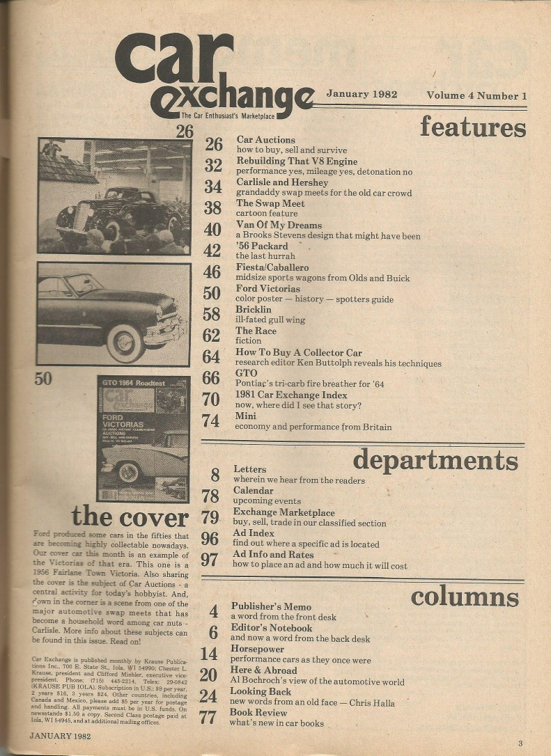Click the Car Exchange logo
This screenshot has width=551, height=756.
point(212,75)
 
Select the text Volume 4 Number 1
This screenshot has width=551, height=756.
point(476,96)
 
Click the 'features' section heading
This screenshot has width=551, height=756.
point(472,127)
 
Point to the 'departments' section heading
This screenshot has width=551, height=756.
point(435,460)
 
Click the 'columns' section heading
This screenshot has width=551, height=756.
point(464,597)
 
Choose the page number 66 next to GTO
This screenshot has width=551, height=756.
point(212,379)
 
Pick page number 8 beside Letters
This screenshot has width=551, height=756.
point(215,475)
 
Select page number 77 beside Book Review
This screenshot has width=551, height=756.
point(208,718)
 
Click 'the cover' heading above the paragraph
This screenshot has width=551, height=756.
point(130,517)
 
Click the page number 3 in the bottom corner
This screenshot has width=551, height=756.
point(520,743)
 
